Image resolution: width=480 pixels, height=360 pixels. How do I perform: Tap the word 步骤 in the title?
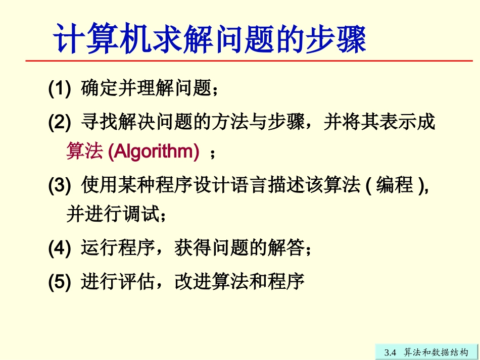[336, 38]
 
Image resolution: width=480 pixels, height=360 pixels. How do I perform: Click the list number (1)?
[59, 89]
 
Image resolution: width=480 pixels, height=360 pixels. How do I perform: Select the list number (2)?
[59, 122]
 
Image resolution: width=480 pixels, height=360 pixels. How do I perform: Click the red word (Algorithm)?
[154, 152]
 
